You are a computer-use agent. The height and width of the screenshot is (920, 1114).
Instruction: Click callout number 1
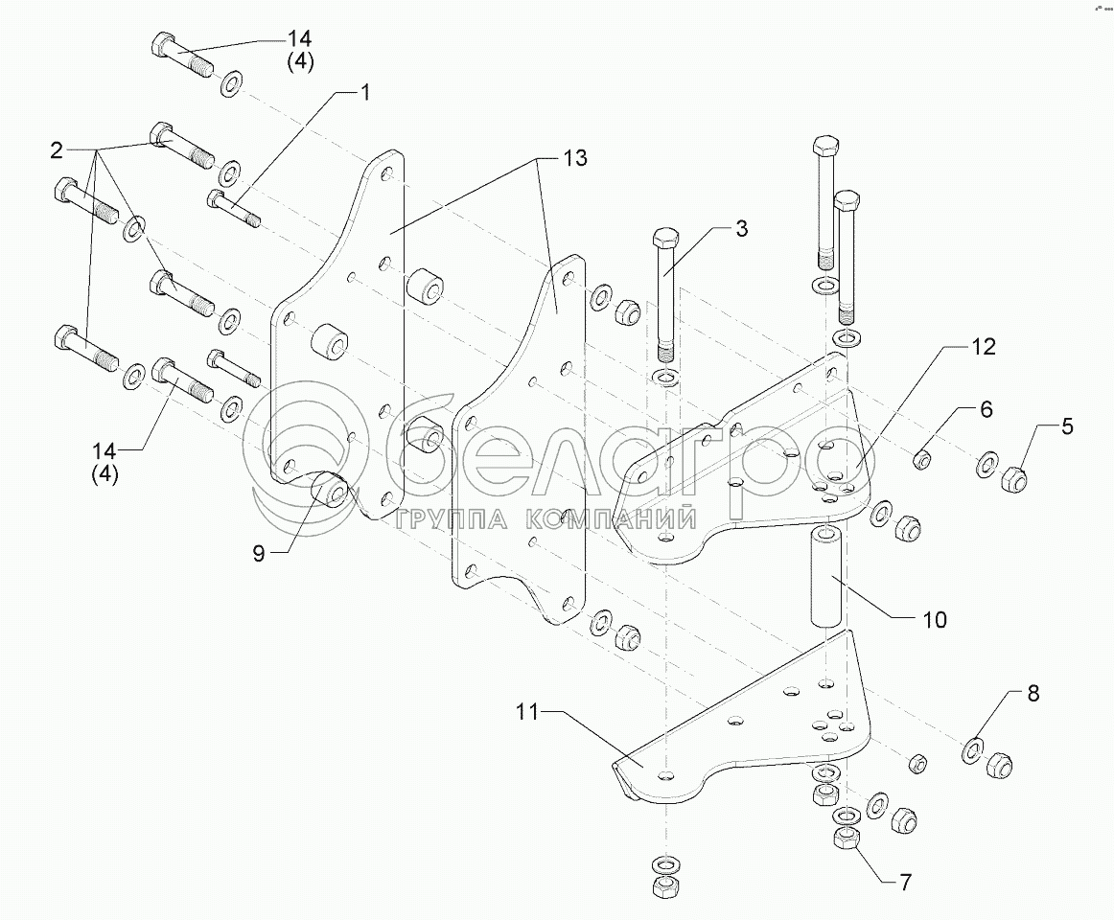pyautogui.click(x=364, y=93)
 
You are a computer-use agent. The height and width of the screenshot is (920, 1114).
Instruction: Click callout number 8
pyautogui.click(x=1032, y=694)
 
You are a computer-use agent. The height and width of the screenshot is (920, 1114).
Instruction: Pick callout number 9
pyautogui.click(x=258, y=553)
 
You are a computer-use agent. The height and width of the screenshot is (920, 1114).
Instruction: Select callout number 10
pyautogui.click(x=934, y=619)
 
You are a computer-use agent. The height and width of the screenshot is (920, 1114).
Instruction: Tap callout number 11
pyautogui.click(x=526, y=713)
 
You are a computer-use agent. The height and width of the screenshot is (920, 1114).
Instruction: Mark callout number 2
pyautogui.click(x=58, y=150)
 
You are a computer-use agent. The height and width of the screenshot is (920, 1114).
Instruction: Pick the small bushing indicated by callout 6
pyautogui.click(x=922, y=459)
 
